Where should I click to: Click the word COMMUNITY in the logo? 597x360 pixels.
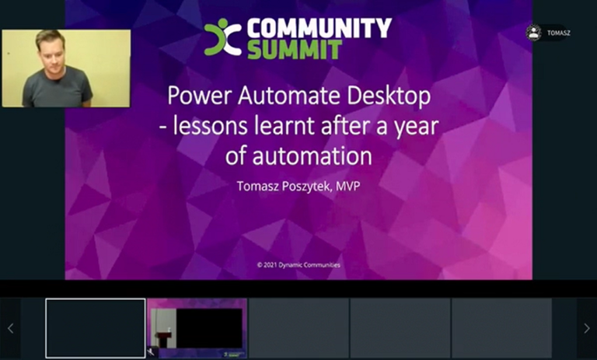(x=319, y=29)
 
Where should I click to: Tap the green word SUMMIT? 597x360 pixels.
(x=295, y=50)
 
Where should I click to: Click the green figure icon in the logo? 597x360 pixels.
(x=222, y=37)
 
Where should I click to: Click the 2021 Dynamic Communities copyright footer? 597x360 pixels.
(x=298, y=265)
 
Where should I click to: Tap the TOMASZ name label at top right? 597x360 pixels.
(x=559, y=33)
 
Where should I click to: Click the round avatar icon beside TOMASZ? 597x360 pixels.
(x=533, y=33)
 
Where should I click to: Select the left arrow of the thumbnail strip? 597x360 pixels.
(x=10, y=328)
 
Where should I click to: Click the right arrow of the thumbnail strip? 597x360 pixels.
(x=586, y=328)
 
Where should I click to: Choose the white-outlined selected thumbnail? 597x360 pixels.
(x=96, y=328)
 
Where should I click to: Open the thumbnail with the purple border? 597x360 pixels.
(x=197, y=328)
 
